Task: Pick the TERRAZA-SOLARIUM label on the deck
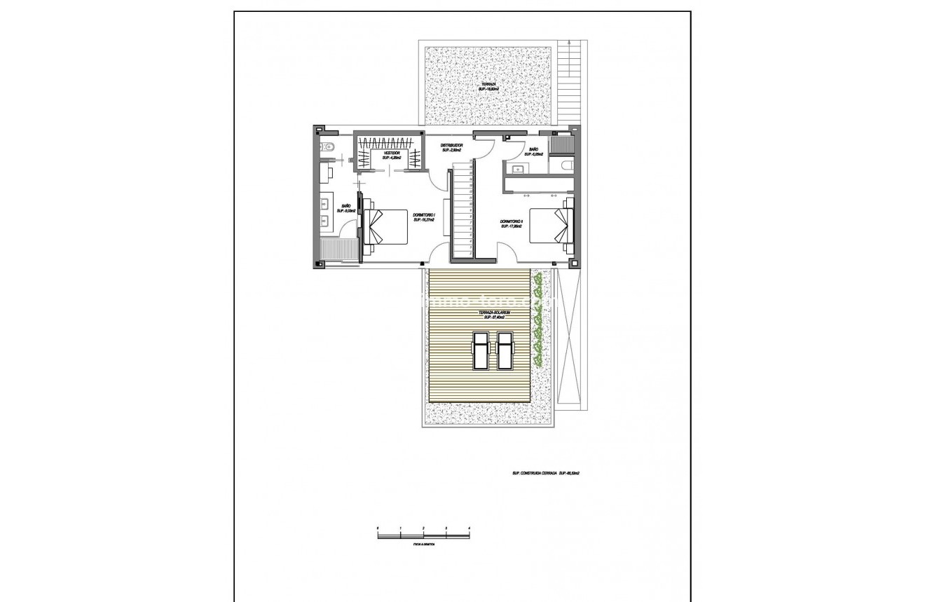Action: tap(493, 314)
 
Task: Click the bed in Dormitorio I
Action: tap(385, 226)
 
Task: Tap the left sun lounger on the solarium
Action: tap(480, 351)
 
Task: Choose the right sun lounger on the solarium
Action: tap(504, 351)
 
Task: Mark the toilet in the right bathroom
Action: tap(566, 165)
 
